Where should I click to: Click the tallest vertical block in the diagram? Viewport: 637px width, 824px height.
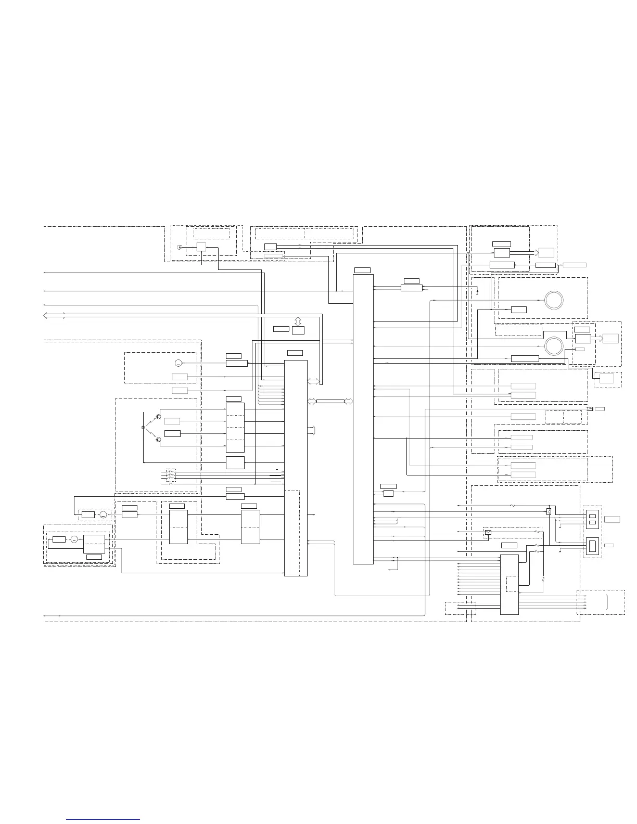pyautogui.click(x=363, y=419)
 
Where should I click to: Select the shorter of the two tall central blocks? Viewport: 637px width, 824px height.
pyautogui.click(x=295, y=468)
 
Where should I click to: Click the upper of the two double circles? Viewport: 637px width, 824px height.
pyautogui.click(x=554, y=300)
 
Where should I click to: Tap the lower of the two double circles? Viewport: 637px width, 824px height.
pyautogui.click(x=554, y=345)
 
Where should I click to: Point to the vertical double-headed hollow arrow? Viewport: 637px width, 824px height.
pyautogui.click(x=298, y=320)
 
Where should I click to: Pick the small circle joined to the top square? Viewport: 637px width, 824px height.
pyautogui.click(x=180, y=248)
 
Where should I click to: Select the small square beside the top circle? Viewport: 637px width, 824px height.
pyautogui.click(x=201, y=248)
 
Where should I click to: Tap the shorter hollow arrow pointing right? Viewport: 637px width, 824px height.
pyautogui.click(x=597, y=338)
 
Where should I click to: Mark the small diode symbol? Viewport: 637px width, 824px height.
pyautogui.click(x=478, y=293)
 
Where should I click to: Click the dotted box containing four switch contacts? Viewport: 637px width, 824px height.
pyautogui.click(x=171, y=477)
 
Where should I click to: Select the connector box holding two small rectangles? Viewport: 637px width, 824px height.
pyautogui.click(x=592, y=519)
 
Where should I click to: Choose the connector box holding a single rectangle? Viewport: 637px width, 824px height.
pyautogui.click(x=592, y=546)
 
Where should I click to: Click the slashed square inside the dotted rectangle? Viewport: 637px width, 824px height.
pyautogui.click(x=488, y=532)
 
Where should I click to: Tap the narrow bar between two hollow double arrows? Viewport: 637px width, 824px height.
pyautogui.click(x=330, y=401)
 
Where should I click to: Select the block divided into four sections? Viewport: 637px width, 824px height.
pyautogui.click(x=235, y=427)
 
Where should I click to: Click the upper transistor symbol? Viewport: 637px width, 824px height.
pyautogui.click(x=158, y=417)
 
